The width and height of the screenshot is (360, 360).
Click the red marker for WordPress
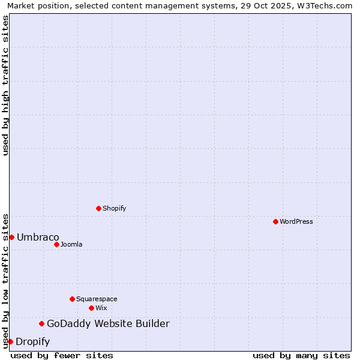pos(275,221)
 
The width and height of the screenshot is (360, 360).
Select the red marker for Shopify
pos(98,208)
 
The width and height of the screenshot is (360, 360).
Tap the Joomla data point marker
pos(56,244)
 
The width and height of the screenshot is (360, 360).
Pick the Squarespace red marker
pos(72,299)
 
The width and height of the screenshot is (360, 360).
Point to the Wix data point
pos(91,308)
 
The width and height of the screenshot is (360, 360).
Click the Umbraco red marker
pos(11,237)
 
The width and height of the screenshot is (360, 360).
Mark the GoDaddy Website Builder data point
pos(41,324)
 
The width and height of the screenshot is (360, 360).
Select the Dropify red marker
pos(10,341)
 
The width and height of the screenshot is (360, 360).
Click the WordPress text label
pos(296,221)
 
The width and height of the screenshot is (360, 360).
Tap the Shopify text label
pos(114,208)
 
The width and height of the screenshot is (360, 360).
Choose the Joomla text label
pos(71,244)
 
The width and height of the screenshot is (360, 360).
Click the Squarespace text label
pos(97,299)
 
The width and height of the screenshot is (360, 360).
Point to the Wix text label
pos(101,308)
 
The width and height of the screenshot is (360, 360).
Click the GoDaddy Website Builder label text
pos(108,324)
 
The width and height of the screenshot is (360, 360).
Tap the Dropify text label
pos(32,342)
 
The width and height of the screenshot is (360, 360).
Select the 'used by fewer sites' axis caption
pos(62,355)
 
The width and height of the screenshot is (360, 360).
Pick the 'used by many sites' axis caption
pos(301,355)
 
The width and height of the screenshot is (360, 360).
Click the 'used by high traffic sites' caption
pos(5,85)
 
